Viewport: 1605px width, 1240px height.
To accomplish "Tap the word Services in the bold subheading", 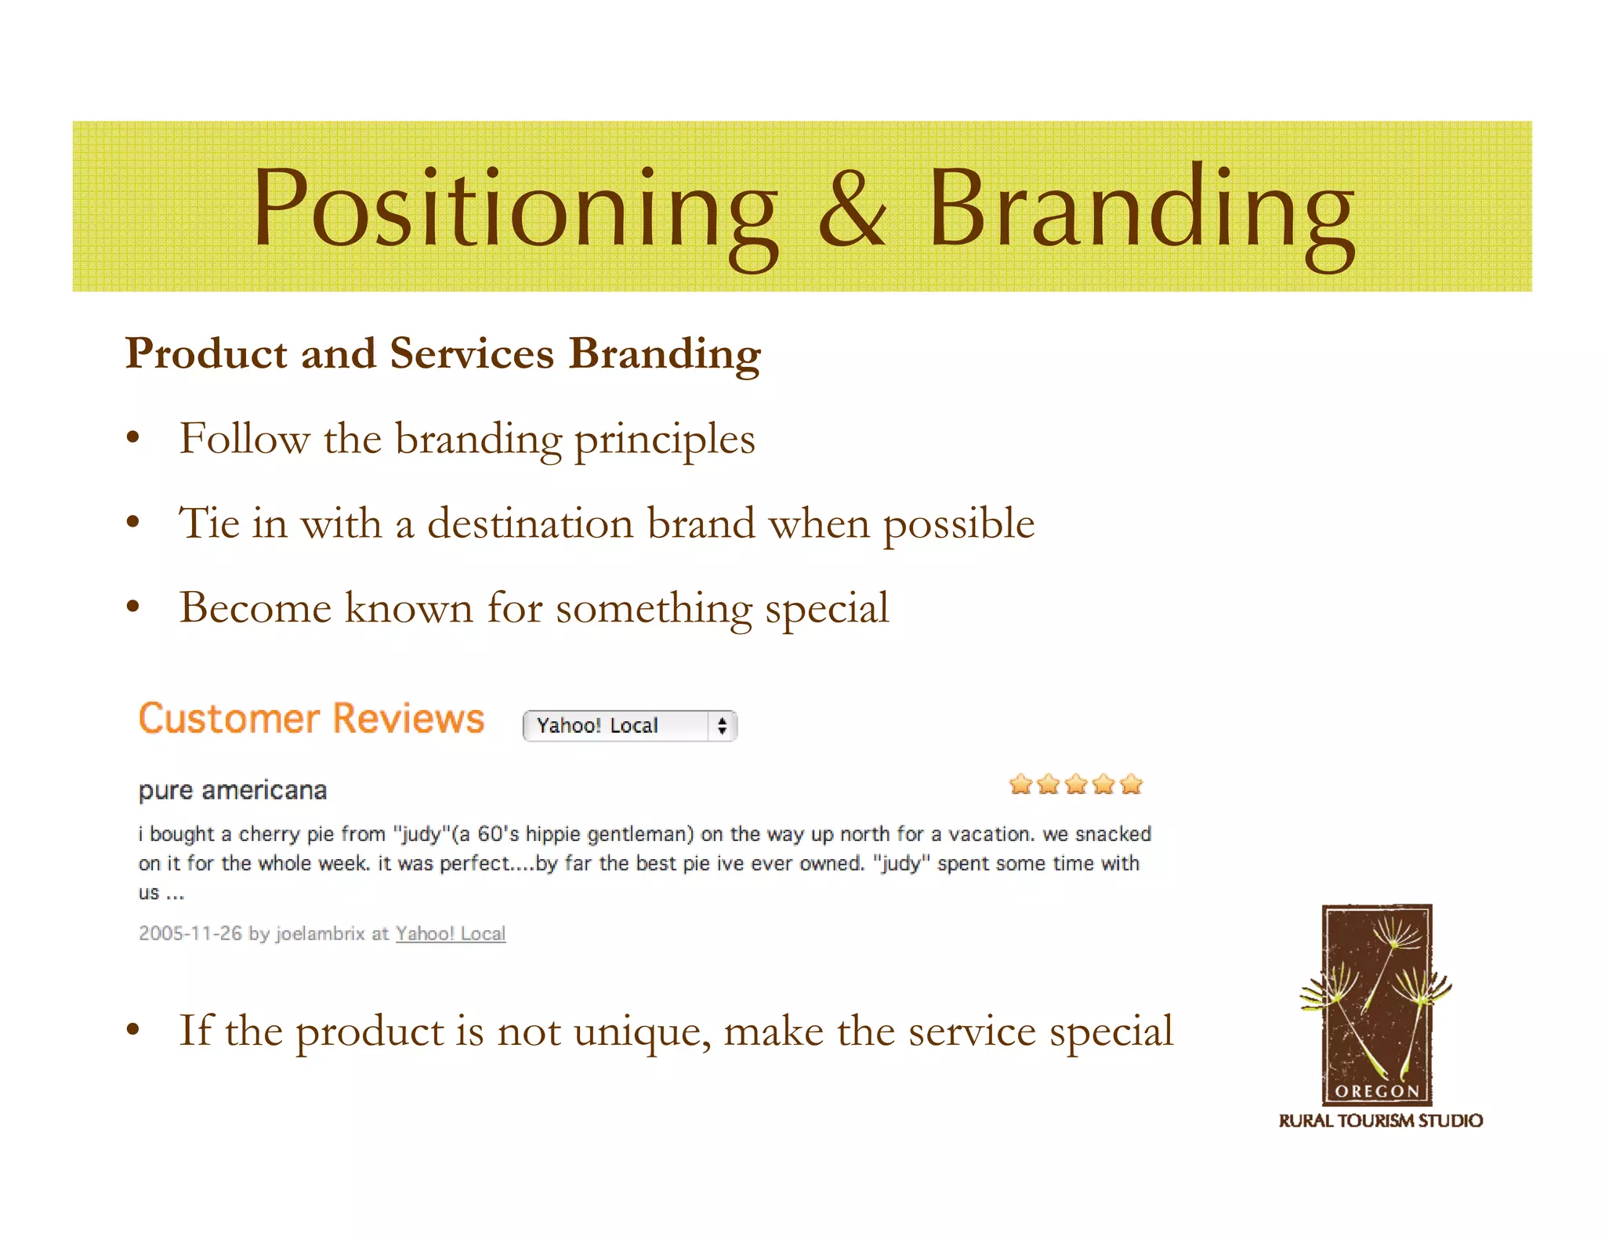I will tap(472, 354).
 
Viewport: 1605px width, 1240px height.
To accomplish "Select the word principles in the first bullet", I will tap(665, 440).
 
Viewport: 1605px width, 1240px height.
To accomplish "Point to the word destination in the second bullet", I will tap(530, 524).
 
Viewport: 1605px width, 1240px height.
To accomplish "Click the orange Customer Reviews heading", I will tap(311, 719).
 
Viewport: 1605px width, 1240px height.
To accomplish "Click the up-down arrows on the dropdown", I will tap(722, 726).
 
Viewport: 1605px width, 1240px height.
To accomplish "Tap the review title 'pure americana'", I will tap(233, 790).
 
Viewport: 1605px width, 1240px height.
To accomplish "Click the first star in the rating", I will tap(1020, 784).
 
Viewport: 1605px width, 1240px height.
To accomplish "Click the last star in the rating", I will tap(1132, 784).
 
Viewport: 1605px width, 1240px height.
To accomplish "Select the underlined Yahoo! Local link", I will tap(451, 934).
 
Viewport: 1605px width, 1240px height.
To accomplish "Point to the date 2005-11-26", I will tap(190, 934).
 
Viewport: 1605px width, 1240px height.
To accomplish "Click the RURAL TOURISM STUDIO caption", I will tap(1380, 1121).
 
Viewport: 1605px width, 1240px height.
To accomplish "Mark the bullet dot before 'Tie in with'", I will tap(133, 522).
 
